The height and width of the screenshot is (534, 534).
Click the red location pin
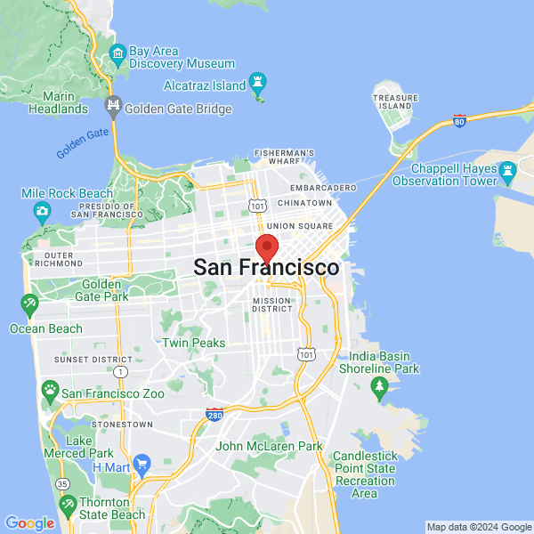[x=267, y=248]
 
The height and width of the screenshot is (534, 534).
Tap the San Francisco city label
[x=266, y=268]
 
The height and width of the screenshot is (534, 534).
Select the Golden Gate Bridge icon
[x=113, y=109]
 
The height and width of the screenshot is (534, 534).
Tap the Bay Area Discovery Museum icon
[x=117, y=58]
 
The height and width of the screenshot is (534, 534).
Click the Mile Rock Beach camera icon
[x=42, y=212]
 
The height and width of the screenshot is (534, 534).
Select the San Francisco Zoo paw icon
[x=50, y=391]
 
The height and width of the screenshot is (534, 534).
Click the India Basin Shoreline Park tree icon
[x=380, y=386]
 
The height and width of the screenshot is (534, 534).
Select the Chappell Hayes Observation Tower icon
[x=507, y=169]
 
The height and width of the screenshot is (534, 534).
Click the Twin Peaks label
[x=193, y=343]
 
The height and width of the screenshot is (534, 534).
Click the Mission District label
[x=272, y=305]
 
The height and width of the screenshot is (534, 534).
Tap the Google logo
[x=29, y=523]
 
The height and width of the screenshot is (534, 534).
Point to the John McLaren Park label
[x=268, y=446]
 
